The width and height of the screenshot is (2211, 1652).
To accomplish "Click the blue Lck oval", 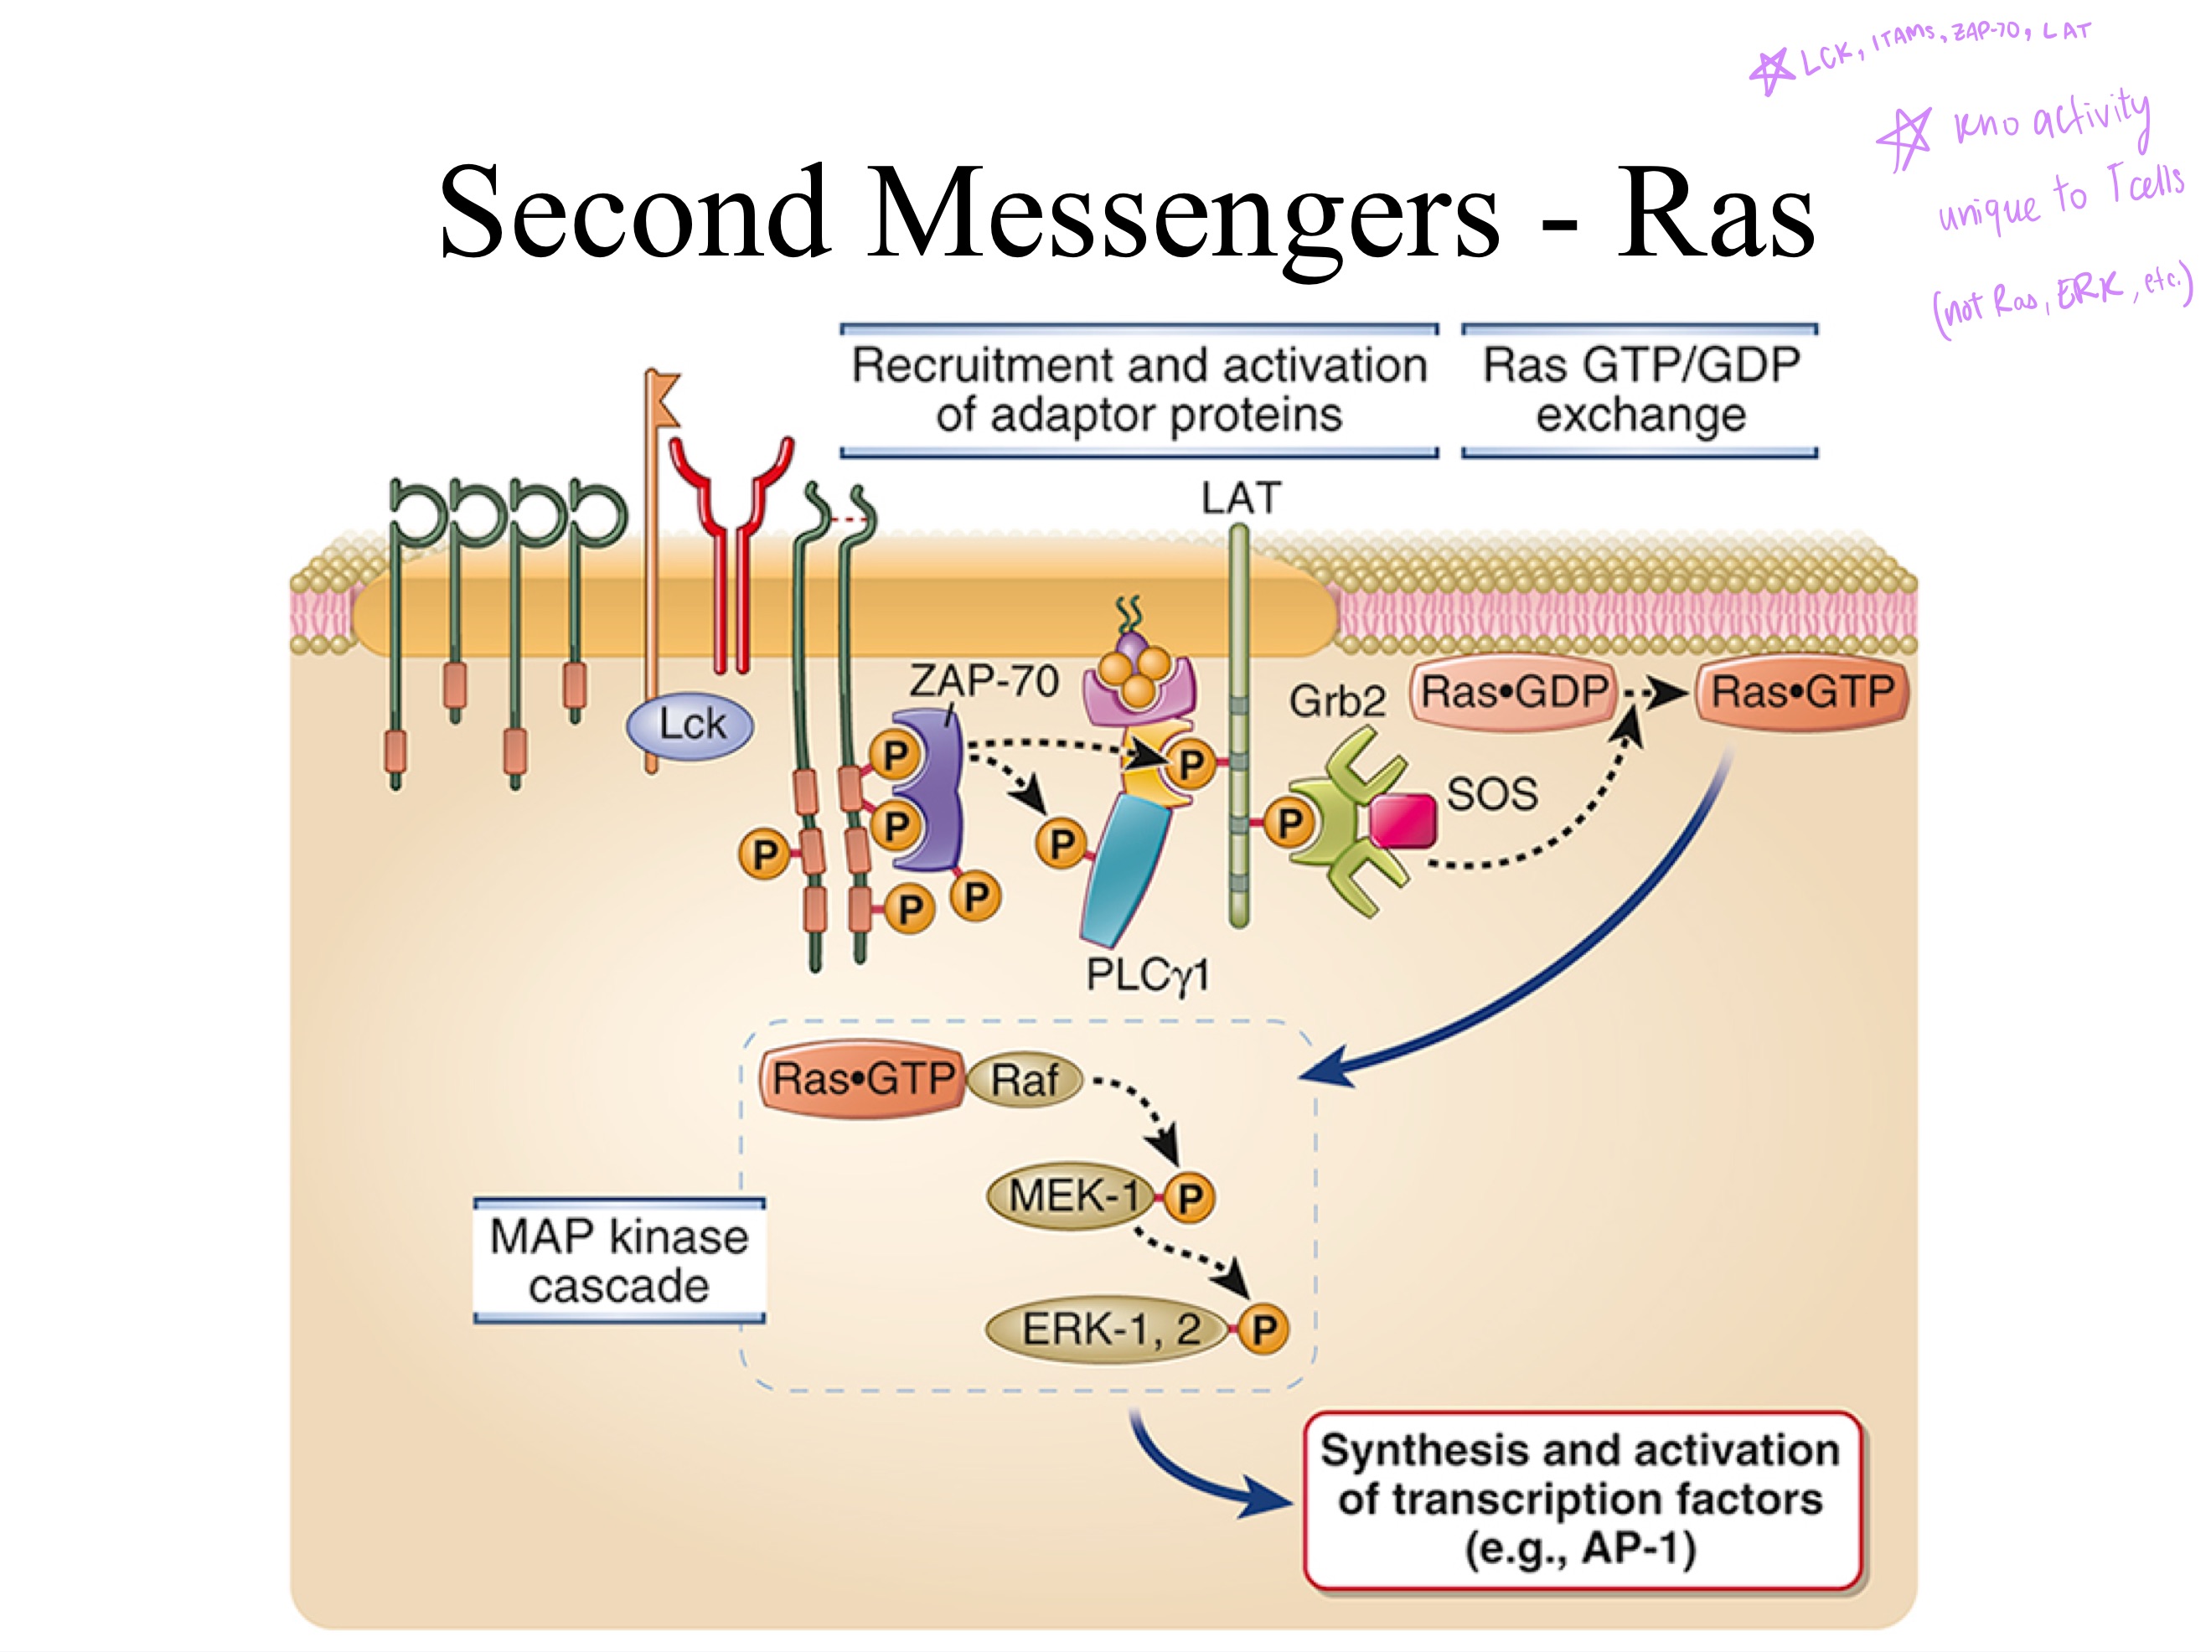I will [690, 725].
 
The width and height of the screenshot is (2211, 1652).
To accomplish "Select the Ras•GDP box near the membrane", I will [1513, 692].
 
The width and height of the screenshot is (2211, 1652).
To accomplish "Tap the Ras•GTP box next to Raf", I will [861, 1079].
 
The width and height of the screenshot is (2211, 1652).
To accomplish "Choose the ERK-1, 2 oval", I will [1108, 1329].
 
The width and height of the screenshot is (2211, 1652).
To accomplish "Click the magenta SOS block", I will [1403, 820].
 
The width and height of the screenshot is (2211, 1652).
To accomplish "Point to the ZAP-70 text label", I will [984, 682].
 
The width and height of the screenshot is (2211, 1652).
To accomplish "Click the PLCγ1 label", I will [1148, 974].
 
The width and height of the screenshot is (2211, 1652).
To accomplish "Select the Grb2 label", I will [1336, 700].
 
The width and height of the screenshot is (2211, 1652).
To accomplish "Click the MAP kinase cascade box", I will [618, 1260].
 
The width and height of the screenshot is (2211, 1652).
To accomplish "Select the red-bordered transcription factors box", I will [1580, 1499].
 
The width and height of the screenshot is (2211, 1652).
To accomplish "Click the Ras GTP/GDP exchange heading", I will [1640, 390].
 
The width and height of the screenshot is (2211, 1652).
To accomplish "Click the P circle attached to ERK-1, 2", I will [1263, 1329].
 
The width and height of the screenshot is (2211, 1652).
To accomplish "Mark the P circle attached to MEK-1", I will [1190, 1197].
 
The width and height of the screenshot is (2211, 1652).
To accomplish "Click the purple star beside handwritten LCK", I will [1772, 70].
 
